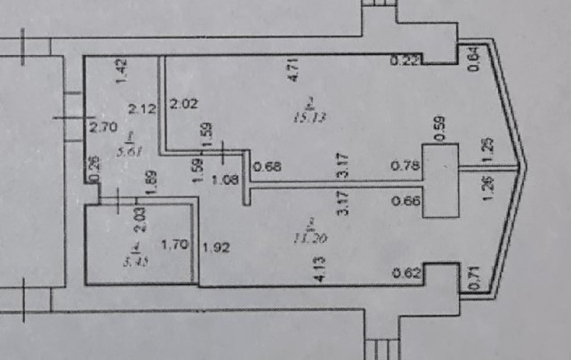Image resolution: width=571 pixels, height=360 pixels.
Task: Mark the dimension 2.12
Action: pos(142,109)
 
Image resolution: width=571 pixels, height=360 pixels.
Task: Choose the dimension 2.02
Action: pos(183,103)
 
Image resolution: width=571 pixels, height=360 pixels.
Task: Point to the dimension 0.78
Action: pos(405,164)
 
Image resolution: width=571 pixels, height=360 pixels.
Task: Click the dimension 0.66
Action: pos(405,202)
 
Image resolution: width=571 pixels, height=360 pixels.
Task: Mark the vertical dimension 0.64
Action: pos(474,57)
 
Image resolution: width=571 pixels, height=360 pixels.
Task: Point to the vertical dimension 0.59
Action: pos(439,125)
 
